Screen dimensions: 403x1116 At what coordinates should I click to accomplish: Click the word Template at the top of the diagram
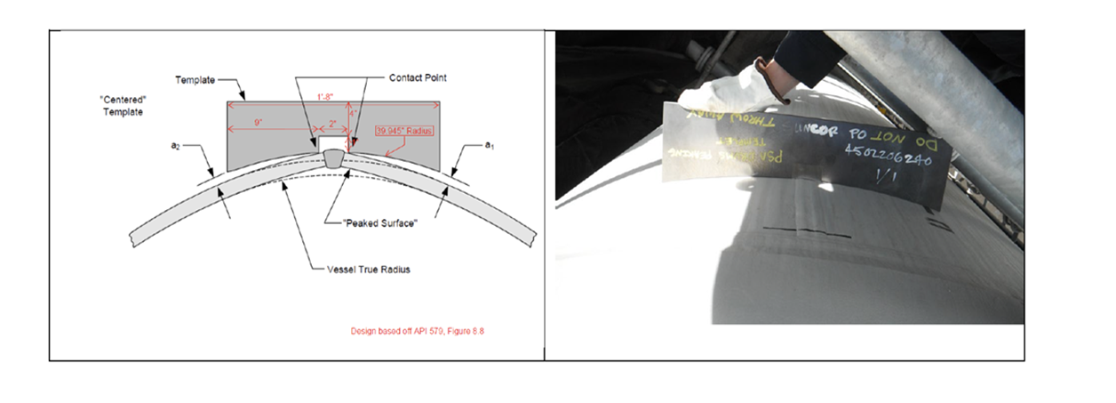195,80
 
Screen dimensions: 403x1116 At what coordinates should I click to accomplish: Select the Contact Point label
418,78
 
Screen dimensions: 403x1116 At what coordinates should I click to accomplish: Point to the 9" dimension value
258,124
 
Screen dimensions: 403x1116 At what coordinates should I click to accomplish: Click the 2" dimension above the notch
331,124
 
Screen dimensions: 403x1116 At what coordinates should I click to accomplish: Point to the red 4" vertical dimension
353,114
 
